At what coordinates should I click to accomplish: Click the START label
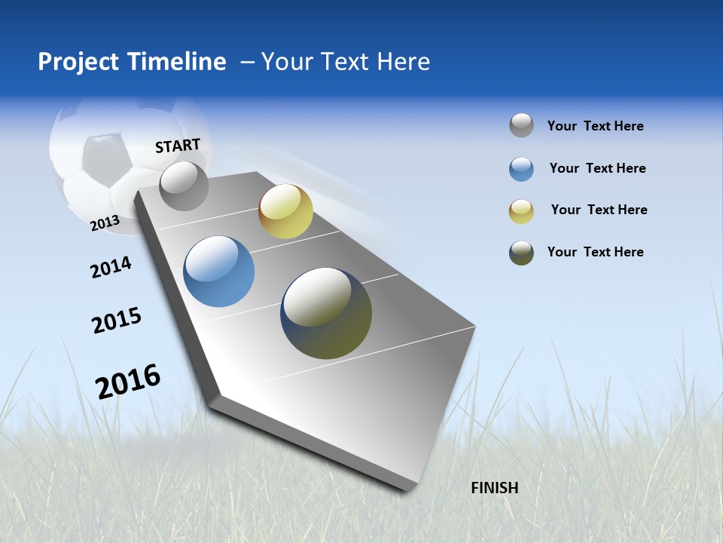tap(178, 146)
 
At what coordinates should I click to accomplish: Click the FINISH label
tap(494, 488)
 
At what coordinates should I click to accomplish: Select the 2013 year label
tap(105, 223)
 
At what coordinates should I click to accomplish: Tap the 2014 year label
tap(111, 267)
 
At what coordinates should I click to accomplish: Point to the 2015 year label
tap(117, 321)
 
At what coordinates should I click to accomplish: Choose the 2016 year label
tap(128, 381)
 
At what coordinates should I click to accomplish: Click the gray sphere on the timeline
tap(184, 186)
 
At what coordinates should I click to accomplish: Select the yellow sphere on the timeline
tap(285, 211)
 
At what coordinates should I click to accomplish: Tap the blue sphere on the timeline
tap(218, 271)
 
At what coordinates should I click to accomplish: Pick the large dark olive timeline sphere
tap(326, 313)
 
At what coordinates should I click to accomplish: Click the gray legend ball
tap(521, 126)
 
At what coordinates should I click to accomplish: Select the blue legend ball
tap(521, 169)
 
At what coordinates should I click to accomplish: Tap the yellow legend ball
tap(521, 211)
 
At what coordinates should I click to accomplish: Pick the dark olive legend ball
tap(521, 253)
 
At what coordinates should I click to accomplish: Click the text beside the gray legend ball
tap(595, 126)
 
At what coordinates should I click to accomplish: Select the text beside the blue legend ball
tap(597, 168)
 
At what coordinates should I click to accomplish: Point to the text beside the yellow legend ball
tap(599, 210)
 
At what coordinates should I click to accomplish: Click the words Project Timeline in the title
tap(132, 62)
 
